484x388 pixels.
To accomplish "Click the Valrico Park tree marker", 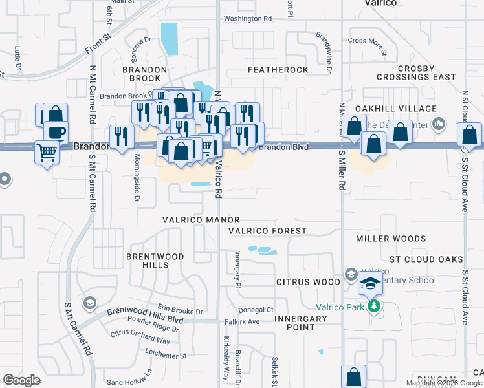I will [373, 306].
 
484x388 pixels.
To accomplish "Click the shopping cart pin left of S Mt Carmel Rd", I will [46, 153].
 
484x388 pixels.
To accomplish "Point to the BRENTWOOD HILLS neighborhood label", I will [155, 261].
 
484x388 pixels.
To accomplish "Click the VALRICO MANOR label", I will [201, 221].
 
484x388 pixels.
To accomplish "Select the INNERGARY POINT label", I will [301, 323].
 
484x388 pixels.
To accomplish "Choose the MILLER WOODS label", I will [391, 239].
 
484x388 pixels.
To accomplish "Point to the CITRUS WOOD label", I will [308, 282].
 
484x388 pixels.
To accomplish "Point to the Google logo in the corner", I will [22, 380].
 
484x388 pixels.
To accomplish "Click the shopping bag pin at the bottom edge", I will [353, 376].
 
